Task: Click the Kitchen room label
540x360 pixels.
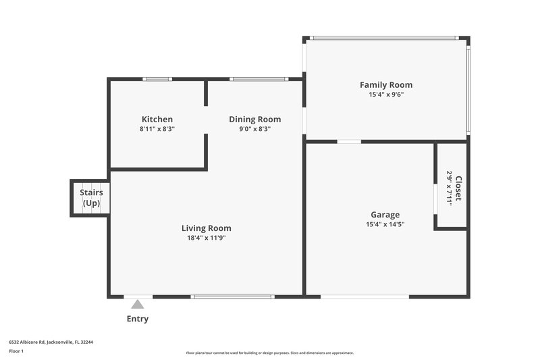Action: click(157, 120)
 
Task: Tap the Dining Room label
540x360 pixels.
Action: click(254, 120)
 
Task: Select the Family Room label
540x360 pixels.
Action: click(385, 85)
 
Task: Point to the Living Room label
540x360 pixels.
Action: click(206, 228)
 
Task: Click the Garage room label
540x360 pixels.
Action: click(385, 215)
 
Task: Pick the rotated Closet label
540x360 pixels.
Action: click(458, 188)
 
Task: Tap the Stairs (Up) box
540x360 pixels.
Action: click(90, 198)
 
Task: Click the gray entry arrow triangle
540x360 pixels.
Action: click(138, 305)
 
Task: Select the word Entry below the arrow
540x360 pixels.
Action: click(138, 319)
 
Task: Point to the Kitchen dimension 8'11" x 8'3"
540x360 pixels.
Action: click(157, 129)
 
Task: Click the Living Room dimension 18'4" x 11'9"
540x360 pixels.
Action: click(206, 238)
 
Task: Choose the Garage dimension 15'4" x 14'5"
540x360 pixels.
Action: click(385, 224)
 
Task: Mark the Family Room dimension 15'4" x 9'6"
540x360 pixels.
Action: click(385, 95)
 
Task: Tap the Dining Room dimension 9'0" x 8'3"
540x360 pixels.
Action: click(254, 129)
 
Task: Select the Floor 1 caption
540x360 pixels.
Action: click(16, 351)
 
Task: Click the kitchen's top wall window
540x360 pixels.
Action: click(157, 79)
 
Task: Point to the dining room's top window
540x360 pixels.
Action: click(259, 79)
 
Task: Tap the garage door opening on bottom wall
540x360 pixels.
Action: click(364, 296)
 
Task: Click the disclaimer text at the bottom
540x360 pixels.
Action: click(269, 353)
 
